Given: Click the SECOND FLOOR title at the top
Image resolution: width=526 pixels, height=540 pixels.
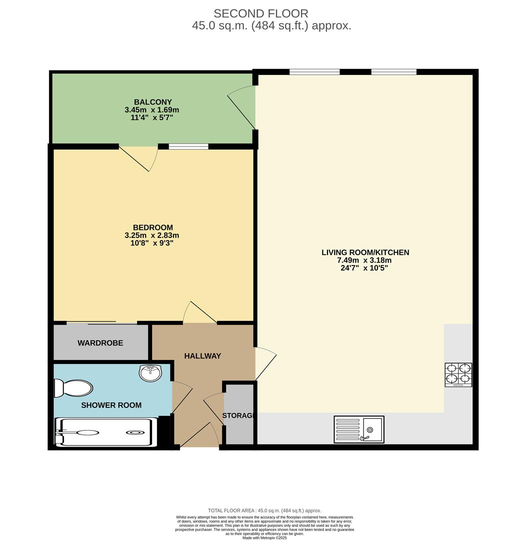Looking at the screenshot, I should pos(261,13).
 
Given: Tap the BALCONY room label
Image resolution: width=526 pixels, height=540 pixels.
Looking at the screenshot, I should pos(146,102).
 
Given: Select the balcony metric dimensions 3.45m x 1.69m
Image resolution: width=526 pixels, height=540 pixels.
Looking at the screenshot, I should pos(152,110).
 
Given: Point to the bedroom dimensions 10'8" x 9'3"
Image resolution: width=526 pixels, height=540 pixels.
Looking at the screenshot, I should pos(152,243).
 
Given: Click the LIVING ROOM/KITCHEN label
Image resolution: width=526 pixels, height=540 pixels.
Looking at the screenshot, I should pos(365,252).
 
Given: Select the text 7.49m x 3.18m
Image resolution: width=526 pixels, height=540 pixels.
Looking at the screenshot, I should pos(364,260).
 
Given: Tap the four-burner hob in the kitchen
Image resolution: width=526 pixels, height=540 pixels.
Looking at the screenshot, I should pos(458,375).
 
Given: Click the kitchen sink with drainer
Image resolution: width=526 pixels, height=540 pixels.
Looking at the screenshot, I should pos(359,429).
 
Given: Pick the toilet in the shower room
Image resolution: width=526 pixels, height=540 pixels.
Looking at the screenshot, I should pos(74,388).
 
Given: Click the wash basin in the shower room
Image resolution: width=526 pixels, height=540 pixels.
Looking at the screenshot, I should pos(150,372).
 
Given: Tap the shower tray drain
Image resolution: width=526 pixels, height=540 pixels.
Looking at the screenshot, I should pos(134,432).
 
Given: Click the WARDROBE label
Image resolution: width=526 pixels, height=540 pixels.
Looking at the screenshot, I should pos(100,343).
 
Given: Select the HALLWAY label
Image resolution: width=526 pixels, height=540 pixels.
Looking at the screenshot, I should pos(202,356).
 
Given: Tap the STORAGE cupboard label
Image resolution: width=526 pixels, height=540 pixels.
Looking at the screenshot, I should pos(238,415).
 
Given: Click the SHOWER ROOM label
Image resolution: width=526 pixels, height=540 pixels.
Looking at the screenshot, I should pos(111,405).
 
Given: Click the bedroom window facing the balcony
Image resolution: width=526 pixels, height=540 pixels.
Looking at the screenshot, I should pos(188,146).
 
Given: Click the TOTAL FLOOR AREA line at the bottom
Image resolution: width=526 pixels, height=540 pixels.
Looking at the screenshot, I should pos(264,510).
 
